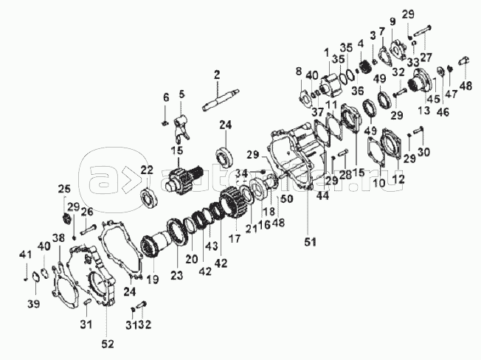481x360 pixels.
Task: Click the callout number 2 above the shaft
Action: [x=218, y=74]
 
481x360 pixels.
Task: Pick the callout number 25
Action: [x=64, y=187]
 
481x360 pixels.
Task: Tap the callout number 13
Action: [x=424, y=111]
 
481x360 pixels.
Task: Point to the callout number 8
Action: [x=299, y=70]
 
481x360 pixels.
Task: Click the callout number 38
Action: [x=58, y=238]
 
